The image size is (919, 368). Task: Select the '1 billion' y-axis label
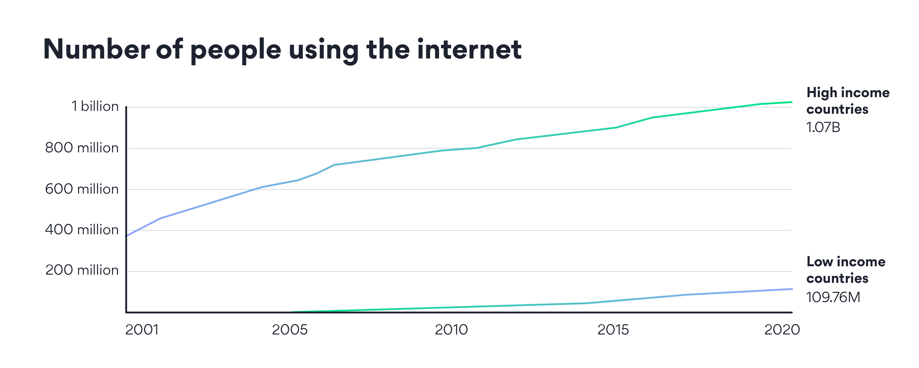tap(95, 106)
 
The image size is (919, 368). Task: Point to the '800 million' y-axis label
tap(82, 148)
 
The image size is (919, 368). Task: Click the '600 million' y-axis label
tap(82, 189)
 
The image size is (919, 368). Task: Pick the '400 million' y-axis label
tap(82, 230)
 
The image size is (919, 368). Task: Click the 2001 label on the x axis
tap(142, 330)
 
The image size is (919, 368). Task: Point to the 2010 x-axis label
tap(451, 330)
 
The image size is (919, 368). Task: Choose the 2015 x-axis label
tap(613, 330)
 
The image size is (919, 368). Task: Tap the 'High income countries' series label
tap(848, 101)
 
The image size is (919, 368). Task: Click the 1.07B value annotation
tap(823, 127)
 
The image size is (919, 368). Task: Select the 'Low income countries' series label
tap(846, 270)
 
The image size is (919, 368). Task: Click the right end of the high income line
tap(791, 102)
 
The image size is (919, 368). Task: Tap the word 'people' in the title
tap(236, 50)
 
